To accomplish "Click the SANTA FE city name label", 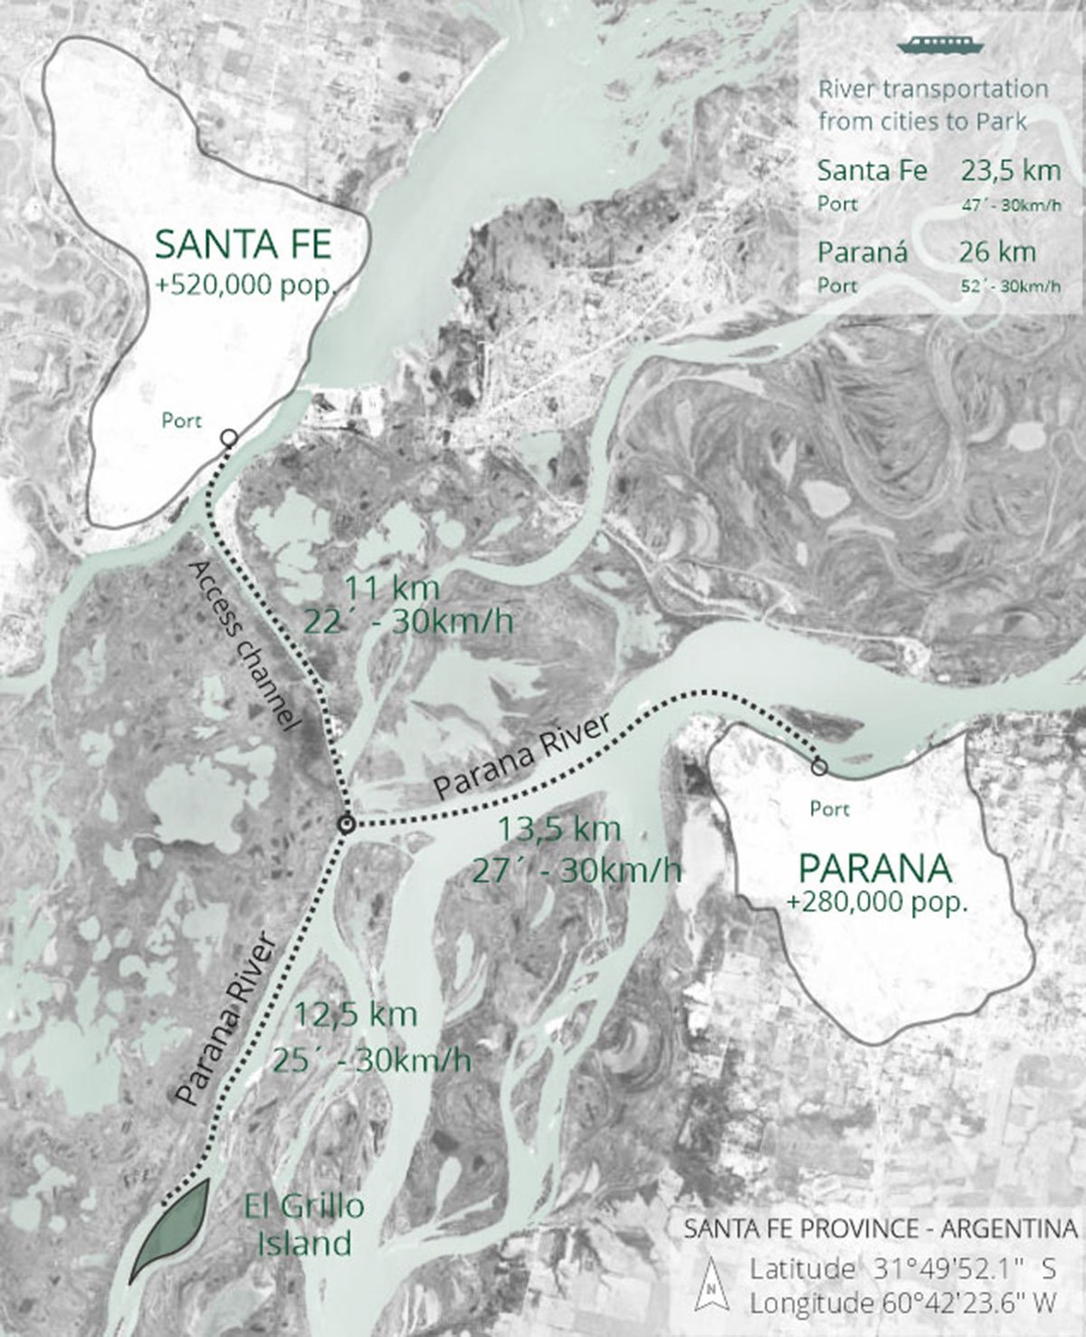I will pyautogui.click(x=244, y=245).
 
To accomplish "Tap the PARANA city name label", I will pyautogui.click(x=875, y=869).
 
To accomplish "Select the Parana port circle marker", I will pyautogui.click(x=819, y=768).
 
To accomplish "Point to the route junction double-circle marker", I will pyautogui.click(x=345, y=824).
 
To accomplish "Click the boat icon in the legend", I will pyautogui.click(x=933, y=45).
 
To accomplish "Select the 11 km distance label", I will pyautogui.click(x=392, y=587).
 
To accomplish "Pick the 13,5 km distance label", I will pyautogui.click(x=560, y=828).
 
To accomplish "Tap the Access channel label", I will pyautogui.click(x=244, y=644).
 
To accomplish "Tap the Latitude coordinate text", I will pyautogui.click(x=902, y=1268).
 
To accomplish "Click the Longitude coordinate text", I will pyautogui.click(x=902, y=1304).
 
